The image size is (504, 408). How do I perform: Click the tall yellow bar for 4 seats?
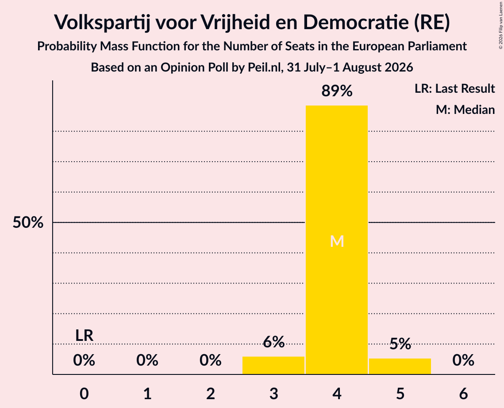tap(337, 240)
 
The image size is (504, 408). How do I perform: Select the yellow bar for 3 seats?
tap(273, 365)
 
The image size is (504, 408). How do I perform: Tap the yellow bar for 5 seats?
tap(400, 366)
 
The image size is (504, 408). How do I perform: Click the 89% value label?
tap(337, 91)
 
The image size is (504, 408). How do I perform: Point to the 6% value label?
tap(273, 342)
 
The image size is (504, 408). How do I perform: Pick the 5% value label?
tap(400, 344)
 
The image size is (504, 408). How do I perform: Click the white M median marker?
tap(337, 241)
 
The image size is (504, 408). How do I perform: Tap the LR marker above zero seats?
tap(84, 336)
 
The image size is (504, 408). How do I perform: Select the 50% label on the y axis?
tap(28, 222)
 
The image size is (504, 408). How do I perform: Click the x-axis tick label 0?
tap(84, 393)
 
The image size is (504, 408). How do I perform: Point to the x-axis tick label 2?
tap(211, 393)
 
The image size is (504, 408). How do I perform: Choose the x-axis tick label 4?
tap(337, 393)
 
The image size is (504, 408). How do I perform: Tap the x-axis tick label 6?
tap(463, 393)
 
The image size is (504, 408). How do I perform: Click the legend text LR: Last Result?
tap(454, 88)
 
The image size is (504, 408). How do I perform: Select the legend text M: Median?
tap(465, 110)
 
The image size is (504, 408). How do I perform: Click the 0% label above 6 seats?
tap(463, 360)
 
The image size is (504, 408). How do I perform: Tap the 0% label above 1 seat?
tap(147, 360)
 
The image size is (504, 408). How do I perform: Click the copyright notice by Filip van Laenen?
tap(500, 25)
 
